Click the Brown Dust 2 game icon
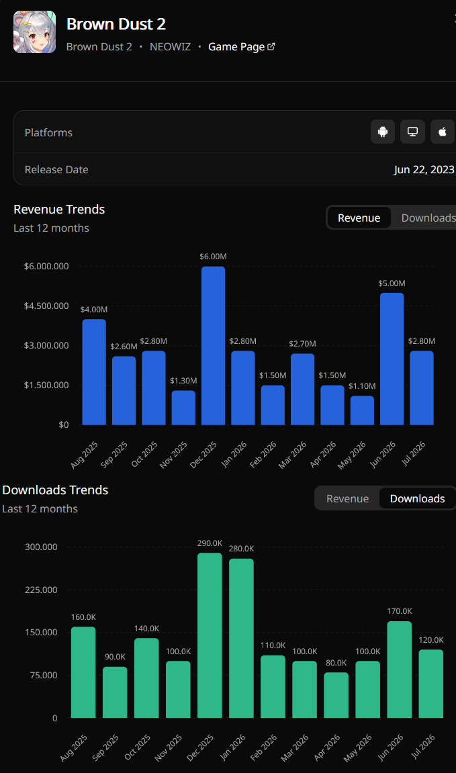coord(34,32)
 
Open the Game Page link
coord(242,47)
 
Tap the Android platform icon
coord(383,132)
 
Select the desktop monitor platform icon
coord(412,132)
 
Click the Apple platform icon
coord(443,132)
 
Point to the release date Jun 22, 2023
coord(424,170)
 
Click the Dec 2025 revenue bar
coord(214,346)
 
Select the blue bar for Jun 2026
coord(392,359)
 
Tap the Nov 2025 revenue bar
coord(183,408)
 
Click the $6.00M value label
coord(214,257)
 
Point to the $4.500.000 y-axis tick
coord(46,306)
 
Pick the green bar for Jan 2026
coord(242,638)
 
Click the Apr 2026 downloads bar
coord(336,695)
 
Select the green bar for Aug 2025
coord(83,672)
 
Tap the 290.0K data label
coord(210,543)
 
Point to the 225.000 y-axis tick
coord(41,590)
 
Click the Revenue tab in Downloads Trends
coord(348,498)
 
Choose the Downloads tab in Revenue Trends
coord(428,218)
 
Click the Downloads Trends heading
coord(55,490)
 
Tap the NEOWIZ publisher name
coord(170,47)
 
